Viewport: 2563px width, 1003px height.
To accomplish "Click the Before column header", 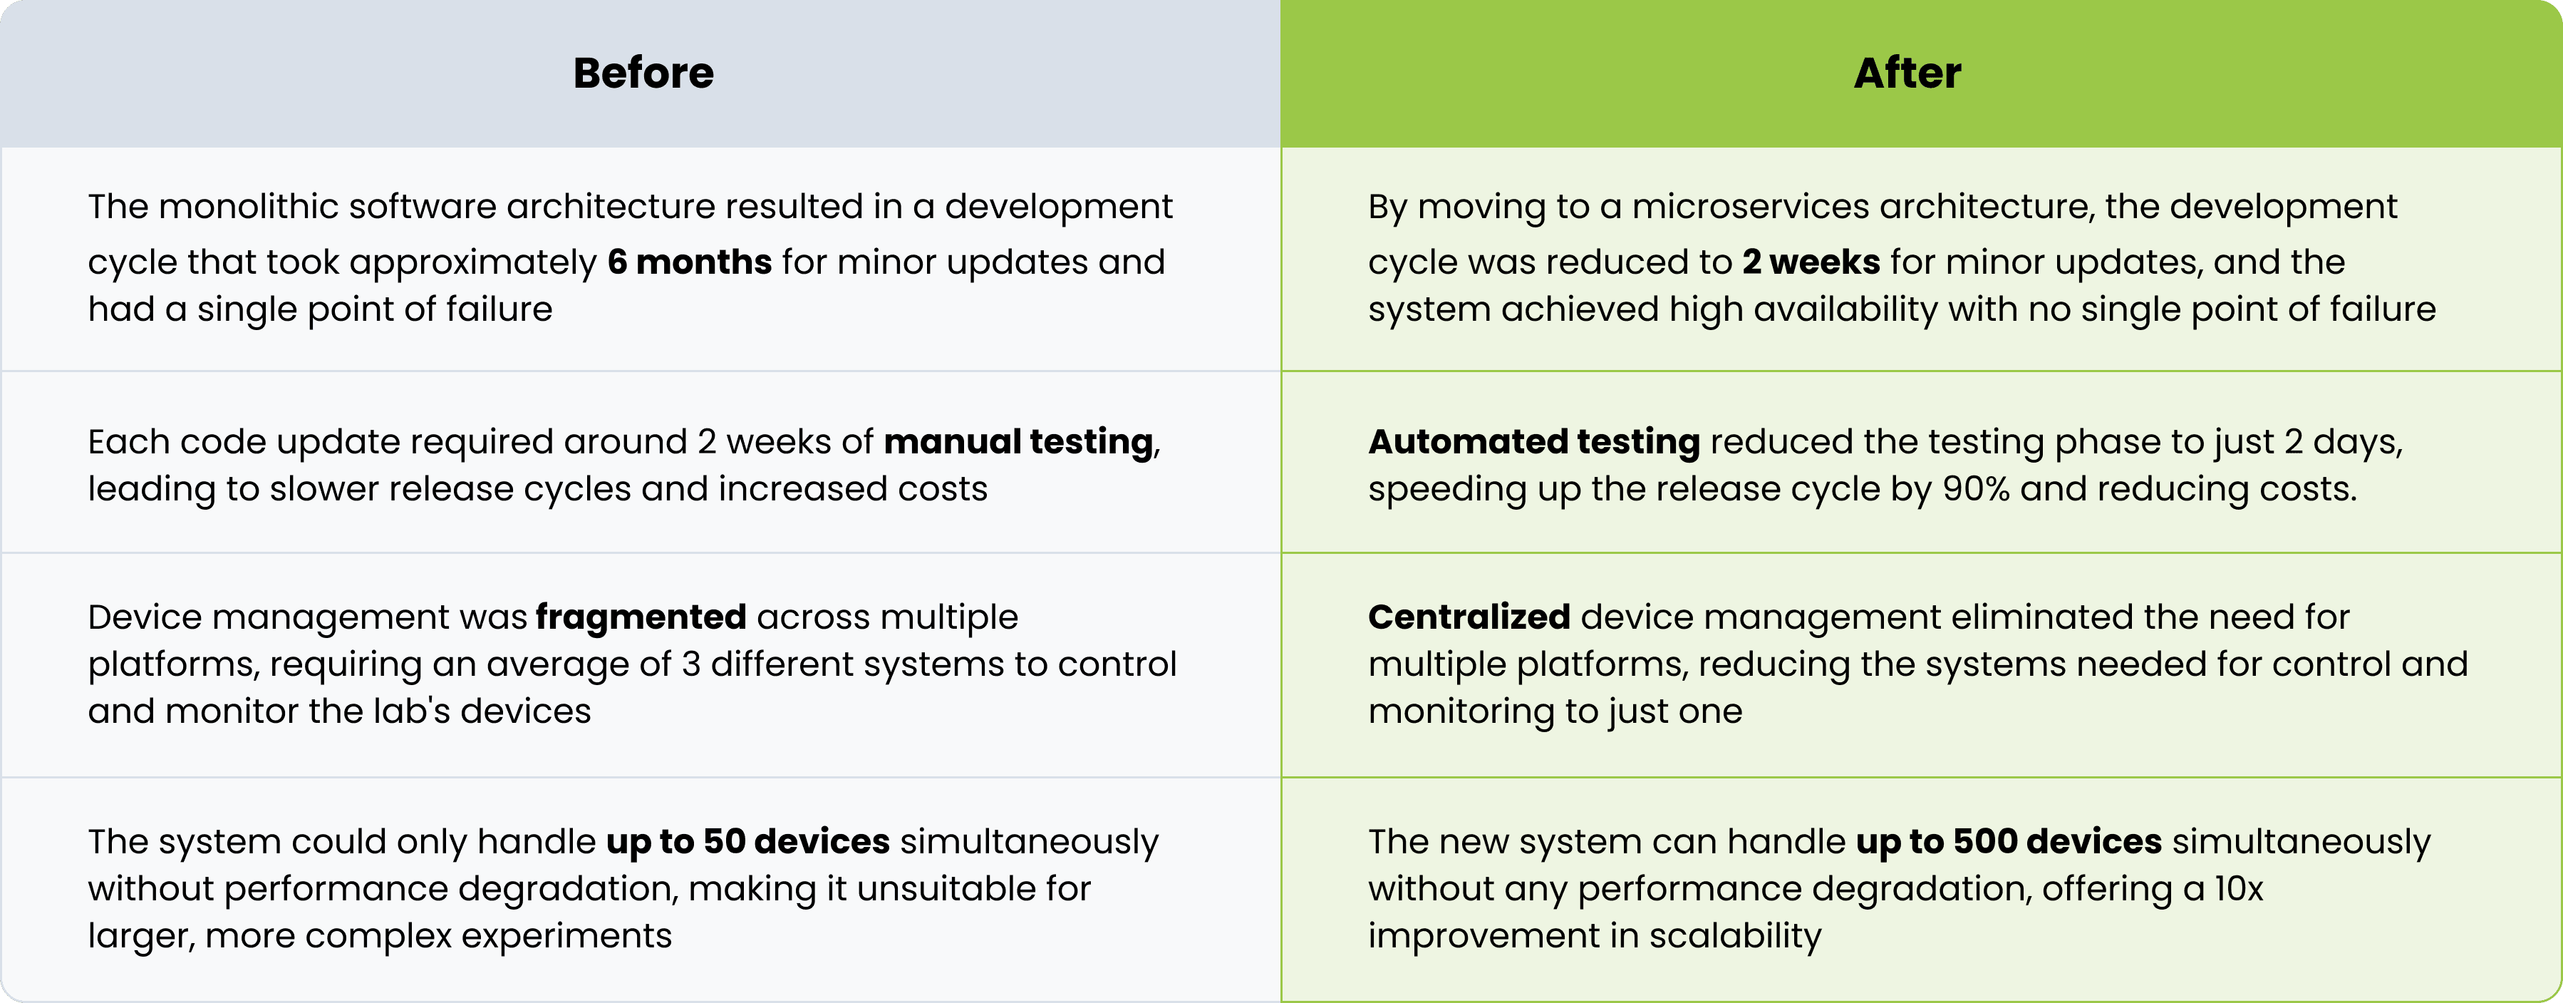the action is coord(643,73).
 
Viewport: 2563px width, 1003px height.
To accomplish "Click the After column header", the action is coord(1907,73).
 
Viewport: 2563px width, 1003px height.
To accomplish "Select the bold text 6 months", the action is coord(690,262).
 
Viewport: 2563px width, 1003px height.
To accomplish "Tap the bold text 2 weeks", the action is coord(1811,262).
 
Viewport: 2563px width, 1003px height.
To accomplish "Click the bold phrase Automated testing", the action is coord(1534,442).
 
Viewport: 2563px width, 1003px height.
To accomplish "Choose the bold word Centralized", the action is coord(1469,617).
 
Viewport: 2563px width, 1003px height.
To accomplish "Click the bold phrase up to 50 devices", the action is coord(748,843).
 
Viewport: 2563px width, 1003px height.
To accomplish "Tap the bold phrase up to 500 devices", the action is coord(2009,843).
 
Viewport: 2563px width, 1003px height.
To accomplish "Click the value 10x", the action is coord(2239,888).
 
